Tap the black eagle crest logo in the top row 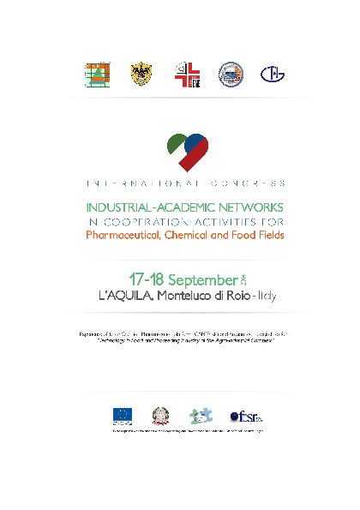[x=141, y=75]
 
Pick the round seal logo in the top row [x=231, y=75]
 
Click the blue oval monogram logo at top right [x=273, y=75]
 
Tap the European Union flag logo [x=122, y=415]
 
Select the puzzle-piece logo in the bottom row [x=201, y=415]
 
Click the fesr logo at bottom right [x=245, y=416]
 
